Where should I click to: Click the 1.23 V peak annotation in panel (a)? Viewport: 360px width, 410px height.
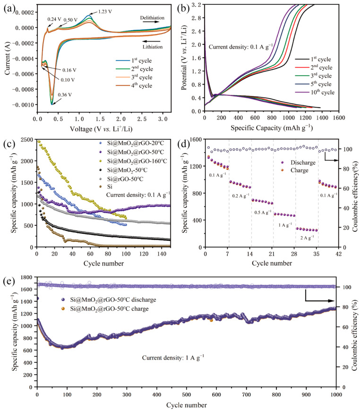tap(105, 11)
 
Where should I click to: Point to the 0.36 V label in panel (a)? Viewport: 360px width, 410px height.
tap(65, 94)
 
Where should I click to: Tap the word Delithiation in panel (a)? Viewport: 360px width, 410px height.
tap(152, 18)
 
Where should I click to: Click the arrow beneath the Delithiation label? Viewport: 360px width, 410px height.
tap(151, 22)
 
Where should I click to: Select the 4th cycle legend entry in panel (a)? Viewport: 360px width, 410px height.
tap(134, 85)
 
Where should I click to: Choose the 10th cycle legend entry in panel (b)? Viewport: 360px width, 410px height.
tap(315, 92)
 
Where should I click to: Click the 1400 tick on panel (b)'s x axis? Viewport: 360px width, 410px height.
tap(322, 118)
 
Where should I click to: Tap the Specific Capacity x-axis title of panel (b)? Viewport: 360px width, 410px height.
tap(272, 128)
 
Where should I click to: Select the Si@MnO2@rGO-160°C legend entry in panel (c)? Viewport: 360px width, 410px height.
tap(133, 161)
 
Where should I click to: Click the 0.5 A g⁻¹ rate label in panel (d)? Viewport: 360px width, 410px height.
tap(263, 213)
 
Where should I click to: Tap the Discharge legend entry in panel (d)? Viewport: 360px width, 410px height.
tap(298, 162)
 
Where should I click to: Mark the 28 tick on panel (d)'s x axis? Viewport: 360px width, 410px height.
tap(294, 254)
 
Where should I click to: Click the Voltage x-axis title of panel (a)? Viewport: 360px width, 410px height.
tap(101, 129)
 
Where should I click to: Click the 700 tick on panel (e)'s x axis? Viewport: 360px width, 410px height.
tap(246, 394)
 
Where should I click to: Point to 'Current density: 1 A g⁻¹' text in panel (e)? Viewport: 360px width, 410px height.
tap(173, 358)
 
